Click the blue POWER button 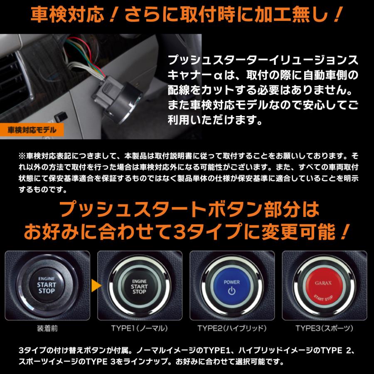click(232, 286)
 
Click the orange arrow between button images click(96, 285)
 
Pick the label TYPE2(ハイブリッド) click(232, 328)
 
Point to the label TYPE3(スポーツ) click(325, 328)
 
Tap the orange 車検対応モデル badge click(33, 130)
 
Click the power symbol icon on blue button click(232, 290)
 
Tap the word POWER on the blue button click(232, 281)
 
